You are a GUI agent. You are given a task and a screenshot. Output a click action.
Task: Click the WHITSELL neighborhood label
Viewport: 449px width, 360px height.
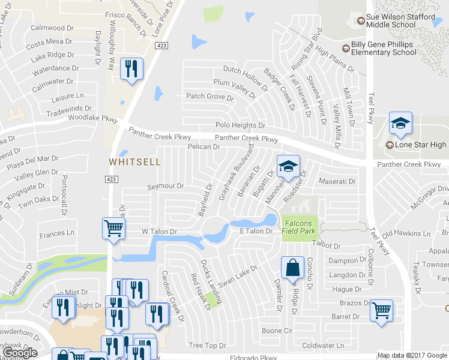click(x=134, y=162)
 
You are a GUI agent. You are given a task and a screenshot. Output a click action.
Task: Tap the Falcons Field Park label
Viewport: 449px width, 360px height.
click(x=298, y=226)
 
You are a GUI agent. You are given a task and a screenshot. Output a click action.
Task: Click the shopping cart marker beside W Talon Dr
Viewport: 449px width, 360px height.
click(x=113, y=229)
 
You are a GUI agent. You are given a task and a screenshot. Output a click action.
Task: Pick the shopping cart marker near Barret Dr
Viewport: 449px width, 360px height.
click(x=381, y=311)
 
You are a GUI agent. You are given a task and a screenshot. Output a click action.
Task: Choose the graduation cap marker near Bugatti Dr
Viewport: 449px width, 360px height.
click(x=288, y=166)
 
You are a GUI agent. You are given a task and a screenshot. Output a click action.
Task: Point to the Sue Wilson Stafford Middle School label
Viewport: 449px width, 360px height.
click(x=400, y=21)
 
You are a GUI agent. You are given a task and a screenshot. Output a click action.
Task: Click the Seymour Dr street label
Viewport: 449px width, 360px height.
click(x=166, y=187)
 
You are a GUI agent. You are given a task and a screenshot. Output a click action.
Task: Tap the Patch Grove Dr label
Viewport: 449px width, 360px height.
click(x=209, y=97)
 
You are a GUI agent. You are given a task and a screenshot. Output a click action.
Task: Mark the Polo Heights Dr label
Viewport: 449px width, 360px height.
click(x=240, y=125)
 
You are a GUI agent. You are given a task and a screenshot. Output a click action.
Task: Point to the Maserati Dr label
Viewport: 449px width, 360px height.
click(x=337, y=181)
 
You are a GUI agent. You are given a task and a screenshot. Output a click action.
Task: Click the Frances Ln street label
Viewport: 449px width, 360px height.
click(x=56, y=233)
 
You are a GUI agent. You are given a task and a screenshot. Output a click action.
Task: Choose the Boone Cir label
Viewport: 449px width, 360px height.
click(x=277, y=331)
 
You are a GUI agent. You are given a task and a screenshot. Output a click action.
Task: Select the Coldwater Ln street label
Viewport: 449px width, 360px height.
click(x=323, y=345)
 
